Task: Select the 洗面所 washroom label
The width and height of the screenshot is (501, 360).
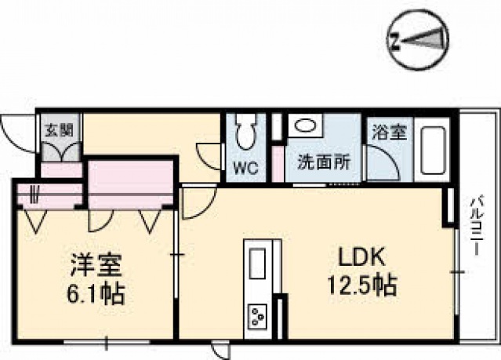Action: pos(318,165)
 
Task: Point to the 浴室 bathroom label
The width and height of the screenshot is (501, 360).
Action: pos(388,132)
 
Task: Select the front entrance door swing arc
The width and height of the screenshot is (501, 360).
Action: pos(16,130)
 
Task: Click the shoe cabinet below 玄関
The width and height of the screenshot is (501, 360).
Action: pos(61,150)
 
